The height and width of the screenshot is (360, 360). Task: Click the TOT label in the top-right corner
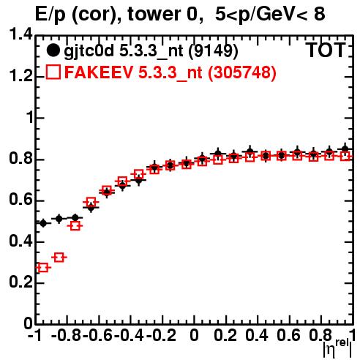(326, 50)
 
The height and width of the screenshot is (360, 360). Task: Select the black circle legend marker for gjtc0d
(53, 50)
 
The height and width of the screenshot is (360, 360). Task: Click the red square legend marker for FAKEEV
(53, 72)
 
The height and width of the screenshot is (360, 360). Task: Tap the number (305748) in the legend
(241, 72)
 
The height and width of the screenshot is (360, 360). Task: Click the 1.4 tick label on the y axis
(20, 34)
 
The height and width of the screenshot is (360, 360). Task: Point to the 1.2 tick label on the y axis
(20, 76)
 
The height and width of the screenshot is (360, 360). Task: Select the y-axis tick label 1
(30, 118)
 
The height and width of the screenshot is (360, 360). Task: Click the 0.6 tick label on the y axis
(20, 200)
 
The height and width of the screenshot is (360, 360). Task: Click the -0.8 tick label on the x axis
(67, 336)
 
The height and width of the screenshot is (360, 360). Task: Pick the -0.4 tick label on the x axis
(130, 336)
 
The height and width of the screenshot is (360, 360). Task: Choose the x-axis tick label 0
(194, 336)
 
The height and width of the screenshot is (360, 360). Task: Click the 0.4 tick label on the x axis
(257, 336)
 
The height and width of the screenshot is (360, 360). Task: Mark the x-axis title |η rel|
(337, 348)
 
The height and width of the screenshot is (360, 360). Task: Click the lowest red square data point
(43, 268)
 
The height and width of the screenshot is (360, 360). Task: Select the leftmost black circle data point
(43, 223)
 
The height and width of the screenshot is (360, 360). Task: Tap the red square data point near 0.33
(59, 257)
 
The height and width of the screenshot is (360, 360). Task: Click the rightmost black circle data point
(345, 149)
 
